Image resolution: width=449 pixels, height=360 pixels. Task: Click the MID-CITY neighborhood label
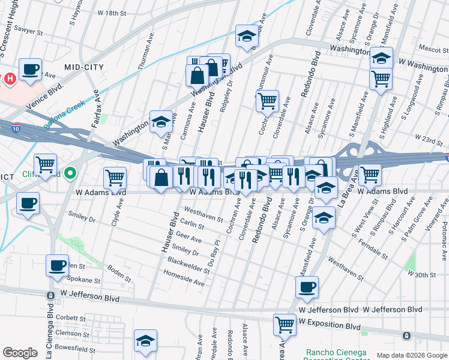click(x=84, y=68)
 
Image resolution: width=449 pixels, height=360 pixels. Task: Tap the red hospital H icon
click(x=9, y=79)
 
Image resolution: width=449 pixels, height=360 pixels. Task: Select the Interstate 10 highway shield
click(x=14, y=127)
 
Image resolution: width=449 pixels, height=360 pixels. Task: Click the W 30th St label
click(x=420, y=273)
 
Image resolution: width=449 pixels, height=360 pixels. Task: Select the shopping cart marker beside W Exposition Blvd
click(x=285, y=325)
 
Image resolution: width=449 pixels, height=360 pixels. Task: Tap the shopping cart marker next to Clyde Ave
click(x=115, y=177)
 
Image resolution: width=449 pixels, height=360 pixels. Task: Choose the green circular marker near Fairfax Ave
click(x=70, y=173)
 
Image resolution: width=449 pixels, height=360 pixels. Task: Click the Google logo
click(x=20, y=353)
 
